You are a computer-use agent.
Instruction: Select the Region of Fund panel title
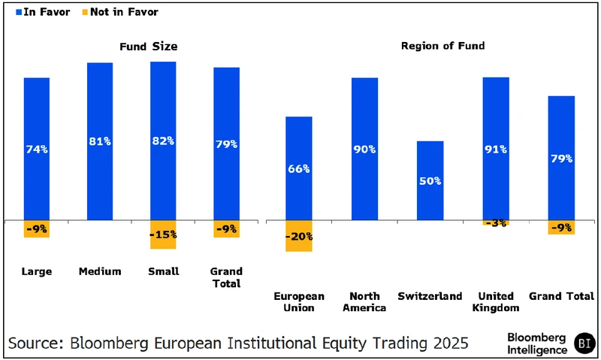(442, 46)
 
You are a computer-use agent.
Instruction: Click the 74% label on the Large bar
(36, 149)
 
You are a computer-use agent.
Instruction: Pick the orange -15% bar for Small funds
(163, 234)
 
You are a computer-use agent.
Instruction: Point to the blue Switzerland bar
(430, 180)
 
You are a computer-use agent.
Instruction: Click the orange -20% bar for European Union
(298, 236)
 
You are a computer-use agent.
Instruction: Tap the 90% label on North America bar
(364, 149)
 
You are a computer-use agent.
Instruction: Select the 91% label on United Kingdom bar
(496, 149)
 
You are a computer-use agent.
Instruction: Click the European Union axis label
(299, 302)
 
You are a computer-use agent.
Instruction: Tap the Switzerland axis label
(430, 297)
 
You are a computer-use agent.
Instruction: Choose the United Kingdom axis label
(497, 302)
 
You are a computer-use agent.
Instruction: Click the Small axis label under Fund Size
(163, 271)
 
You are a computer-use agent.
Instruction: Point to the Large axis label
(36, 271)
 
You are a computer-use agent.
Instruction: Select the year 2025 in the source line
(446, 343)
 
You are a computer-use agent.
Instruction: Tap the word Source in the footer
(36, 343)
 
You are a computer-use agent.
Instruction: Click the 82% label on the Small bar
(163, 141)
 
